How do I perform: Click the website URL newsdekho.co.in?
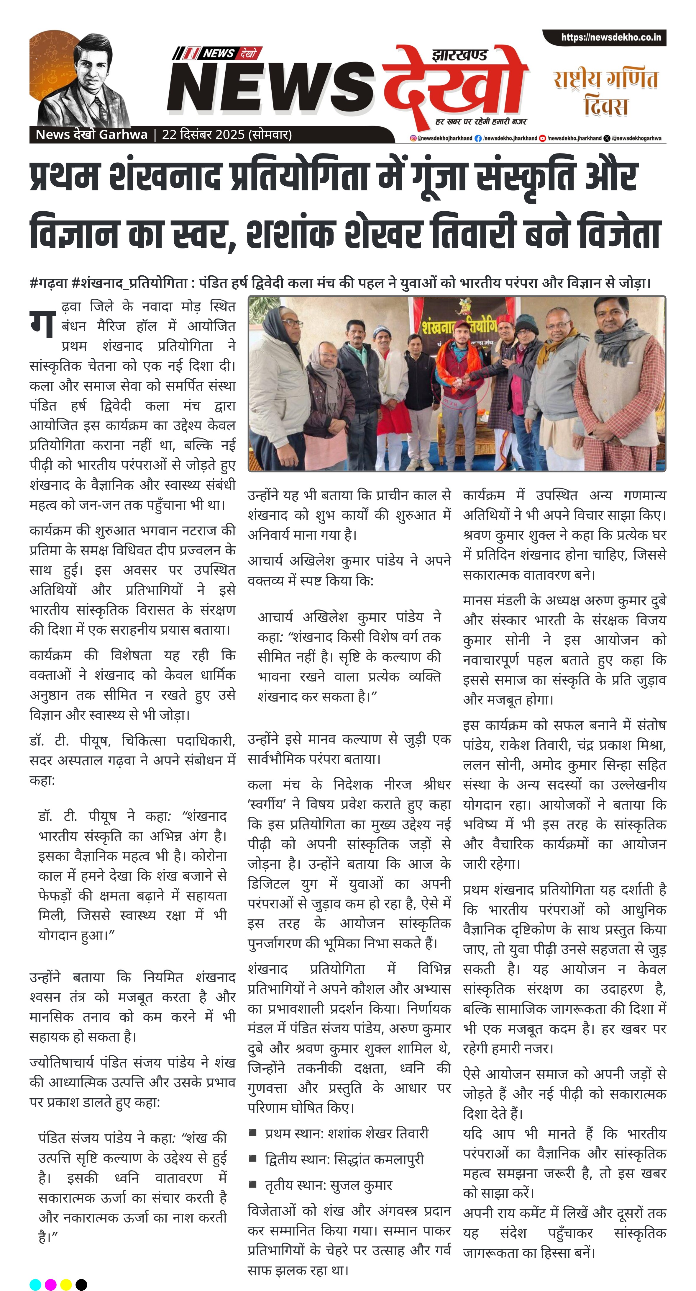(x=610, y=37)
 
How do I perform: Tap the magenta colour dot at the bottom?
(x=50, y=1280)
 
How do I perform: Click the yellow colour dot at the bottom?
(x=66, y=1280)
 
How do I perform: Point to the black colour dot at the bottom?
(x=81, y=1280)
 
